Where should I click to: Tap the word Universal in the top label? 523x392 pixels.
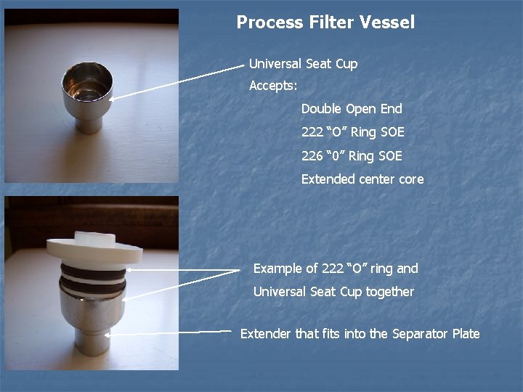275,64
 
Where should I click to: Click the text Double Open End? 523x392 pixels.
352,109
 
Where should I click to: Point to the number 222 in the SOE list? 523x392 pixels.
312,132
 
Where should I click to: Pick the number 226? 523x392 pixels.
312,155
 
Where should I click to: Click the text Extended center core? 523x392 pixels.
362,179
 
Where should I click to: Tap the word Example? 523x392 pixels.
276,269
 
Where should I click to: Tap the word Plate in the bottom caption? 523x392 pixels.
466,334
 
